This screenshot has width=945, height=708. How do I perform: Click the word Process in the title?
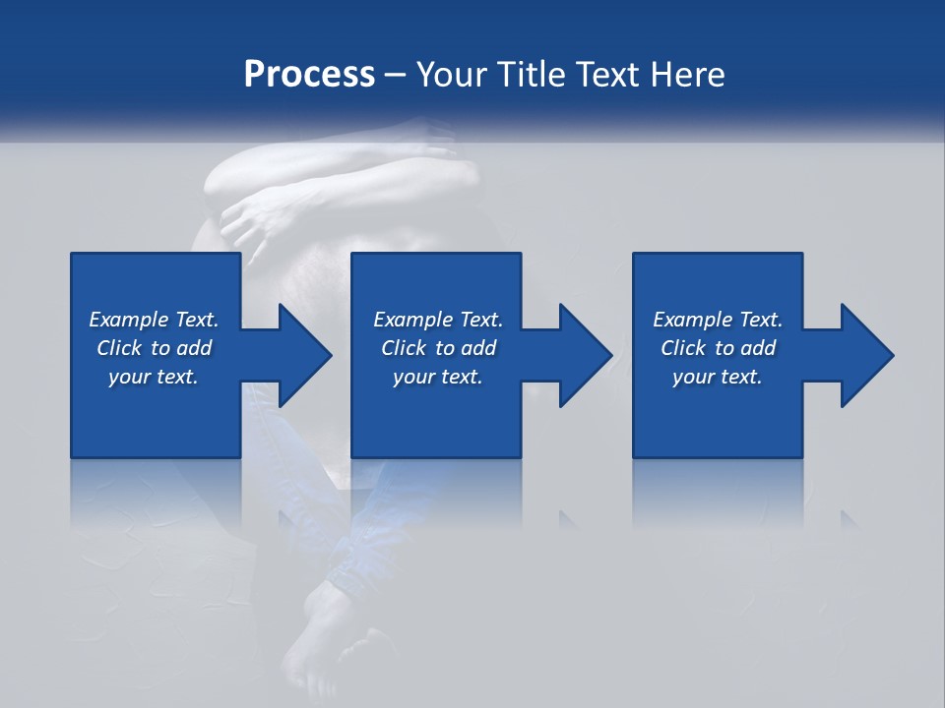tap(309, 75)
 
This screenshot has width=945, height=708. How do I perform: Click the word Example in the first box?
tap(129, 320)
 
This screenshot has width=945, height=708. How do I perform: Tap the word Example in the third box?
tap(693, 320)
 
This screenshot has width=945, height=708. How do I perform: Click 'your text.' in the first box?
tap(154, 377)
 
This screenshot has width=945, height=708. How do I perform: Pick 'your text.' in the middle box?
tap(437, 377)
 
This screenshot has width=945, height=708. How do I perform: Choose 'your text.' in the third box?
tap(718, 377)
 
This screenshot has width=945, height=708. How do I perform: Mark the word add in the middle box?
tap(478, 348)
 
